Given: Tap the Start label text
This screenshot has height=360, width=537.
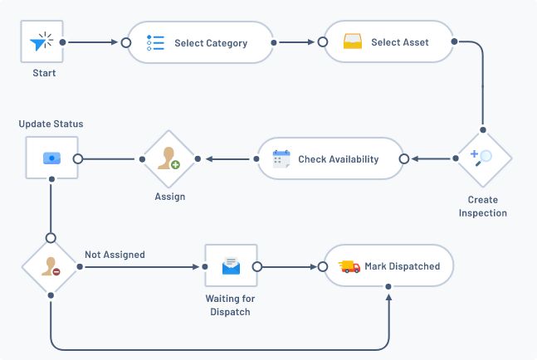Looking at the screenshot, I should click(x=44, y=73).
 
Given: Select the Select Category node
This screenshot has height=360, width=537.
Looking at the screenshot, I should click(x=200, y=43).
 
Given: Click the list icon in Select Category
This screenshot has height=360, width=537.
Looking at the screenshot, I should click(x=155, y=43).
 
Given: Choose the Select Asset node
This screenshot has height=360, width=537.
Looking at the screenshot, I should click(x=388, y=42).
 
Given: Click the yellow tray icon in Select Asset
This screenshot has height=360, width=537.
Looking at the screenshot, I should click(x=354, y=42).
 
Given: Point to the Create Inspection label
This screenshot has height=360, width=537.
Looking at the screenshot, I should click(x=482, y=207).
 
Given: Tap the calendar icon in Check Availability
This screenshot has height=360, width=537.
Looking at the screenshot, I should click(x=281, y=158).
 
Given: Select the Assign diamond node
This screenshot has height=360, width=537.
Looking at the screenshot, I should click(x=169, y=158).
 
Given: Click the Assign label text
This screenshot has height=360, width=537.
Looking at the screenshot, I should click(x=169, y=197).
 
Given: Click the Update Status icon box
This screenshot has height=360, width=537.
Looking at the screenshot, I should click(x=51, y=158).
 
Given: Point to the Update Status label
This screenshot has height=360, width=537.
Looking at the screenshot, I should click(x=51, y=124).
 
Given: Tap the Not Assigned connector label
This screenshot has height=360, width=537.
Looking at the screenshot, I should click(x=115, y=255).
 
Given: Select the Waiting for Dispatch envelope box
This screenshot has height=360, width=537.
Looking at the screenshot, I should click(x=231, y=266).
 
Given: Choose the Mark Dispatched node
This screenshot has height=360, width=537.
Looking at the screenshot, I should click(x=389, y=266).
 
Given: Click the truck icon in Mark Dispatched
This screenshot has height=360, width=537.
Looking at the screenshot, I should click(x=349, y=266).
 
